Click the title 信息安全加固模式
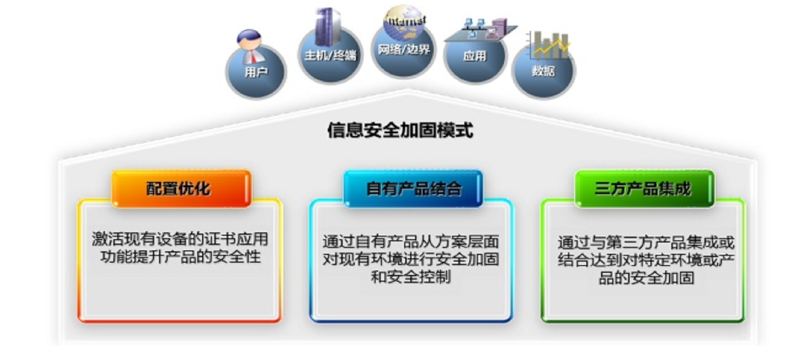coord(400,130)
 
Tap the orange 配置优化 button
coord(181,188)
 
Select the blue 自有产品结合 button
coord(413,188)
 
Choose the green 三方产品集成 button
coord(645,188)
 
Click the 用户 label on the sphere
coord(256,72)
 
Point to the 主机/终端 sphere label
coord(330,55)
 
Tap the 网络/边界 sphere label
coord(404,49)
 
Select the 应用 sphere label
coord(474,55)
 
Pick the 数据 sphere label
coord(543,70)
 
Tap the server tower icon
coord(328,27)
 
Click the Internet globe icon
coord(405,23)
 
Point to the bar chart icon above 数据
coord(548,45)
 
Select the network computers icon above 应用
coord(482,30)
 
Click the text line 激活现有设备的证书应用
coord(180,239)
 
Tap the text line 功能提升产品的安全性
coord(180,257)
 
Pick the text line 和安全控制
coord(411,277)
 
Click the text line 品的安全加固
coord(646,278)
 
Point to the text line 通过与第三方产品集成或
coord(646,243)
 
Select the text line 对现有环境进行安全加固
coord(411,259)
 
